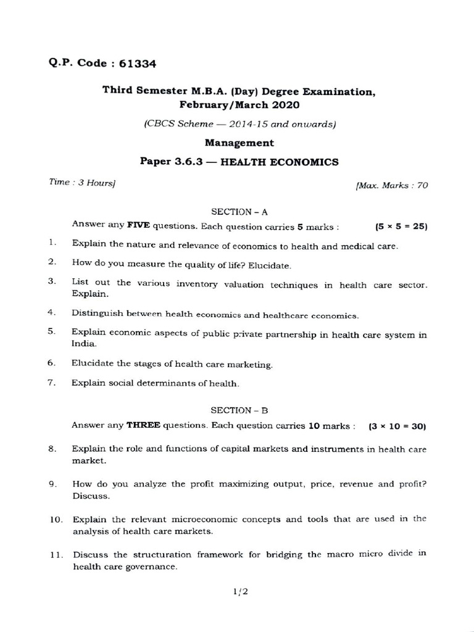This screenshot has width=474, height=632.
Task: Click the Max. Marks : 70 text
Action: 391,185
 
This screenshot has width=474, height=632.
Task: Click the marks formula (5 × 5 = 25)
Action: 401,227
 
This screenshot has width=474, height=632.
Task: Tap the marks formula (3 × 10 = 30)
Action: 397,426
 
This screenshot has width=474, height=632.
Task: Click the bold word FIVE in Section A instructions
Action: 138,225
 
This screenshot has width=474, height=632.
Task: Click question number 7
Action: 52,383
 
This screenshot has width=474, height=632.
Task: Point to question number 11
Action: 56,555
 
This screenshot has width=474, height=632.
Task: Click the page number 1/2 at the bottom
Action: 239,592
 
